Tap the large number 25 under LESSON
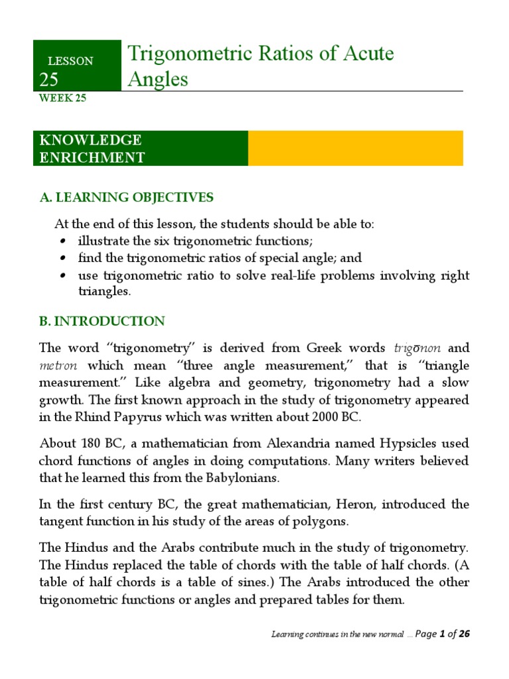coord(49,80)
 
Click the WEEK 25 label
coord(63,99)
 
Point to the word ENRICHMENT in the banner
coord(92,157)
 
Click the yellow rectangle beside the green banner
coord(355,148)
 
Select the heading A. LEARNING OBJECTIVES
coord(127,197)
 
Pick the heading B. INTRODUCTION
coord(102,321)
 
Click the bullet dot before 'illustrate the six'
coord(62,241)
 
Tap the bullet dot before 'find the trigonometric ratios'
coord(62,258)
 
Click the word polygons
coord(321,521)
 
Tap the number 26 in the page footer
coord(464,634)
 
